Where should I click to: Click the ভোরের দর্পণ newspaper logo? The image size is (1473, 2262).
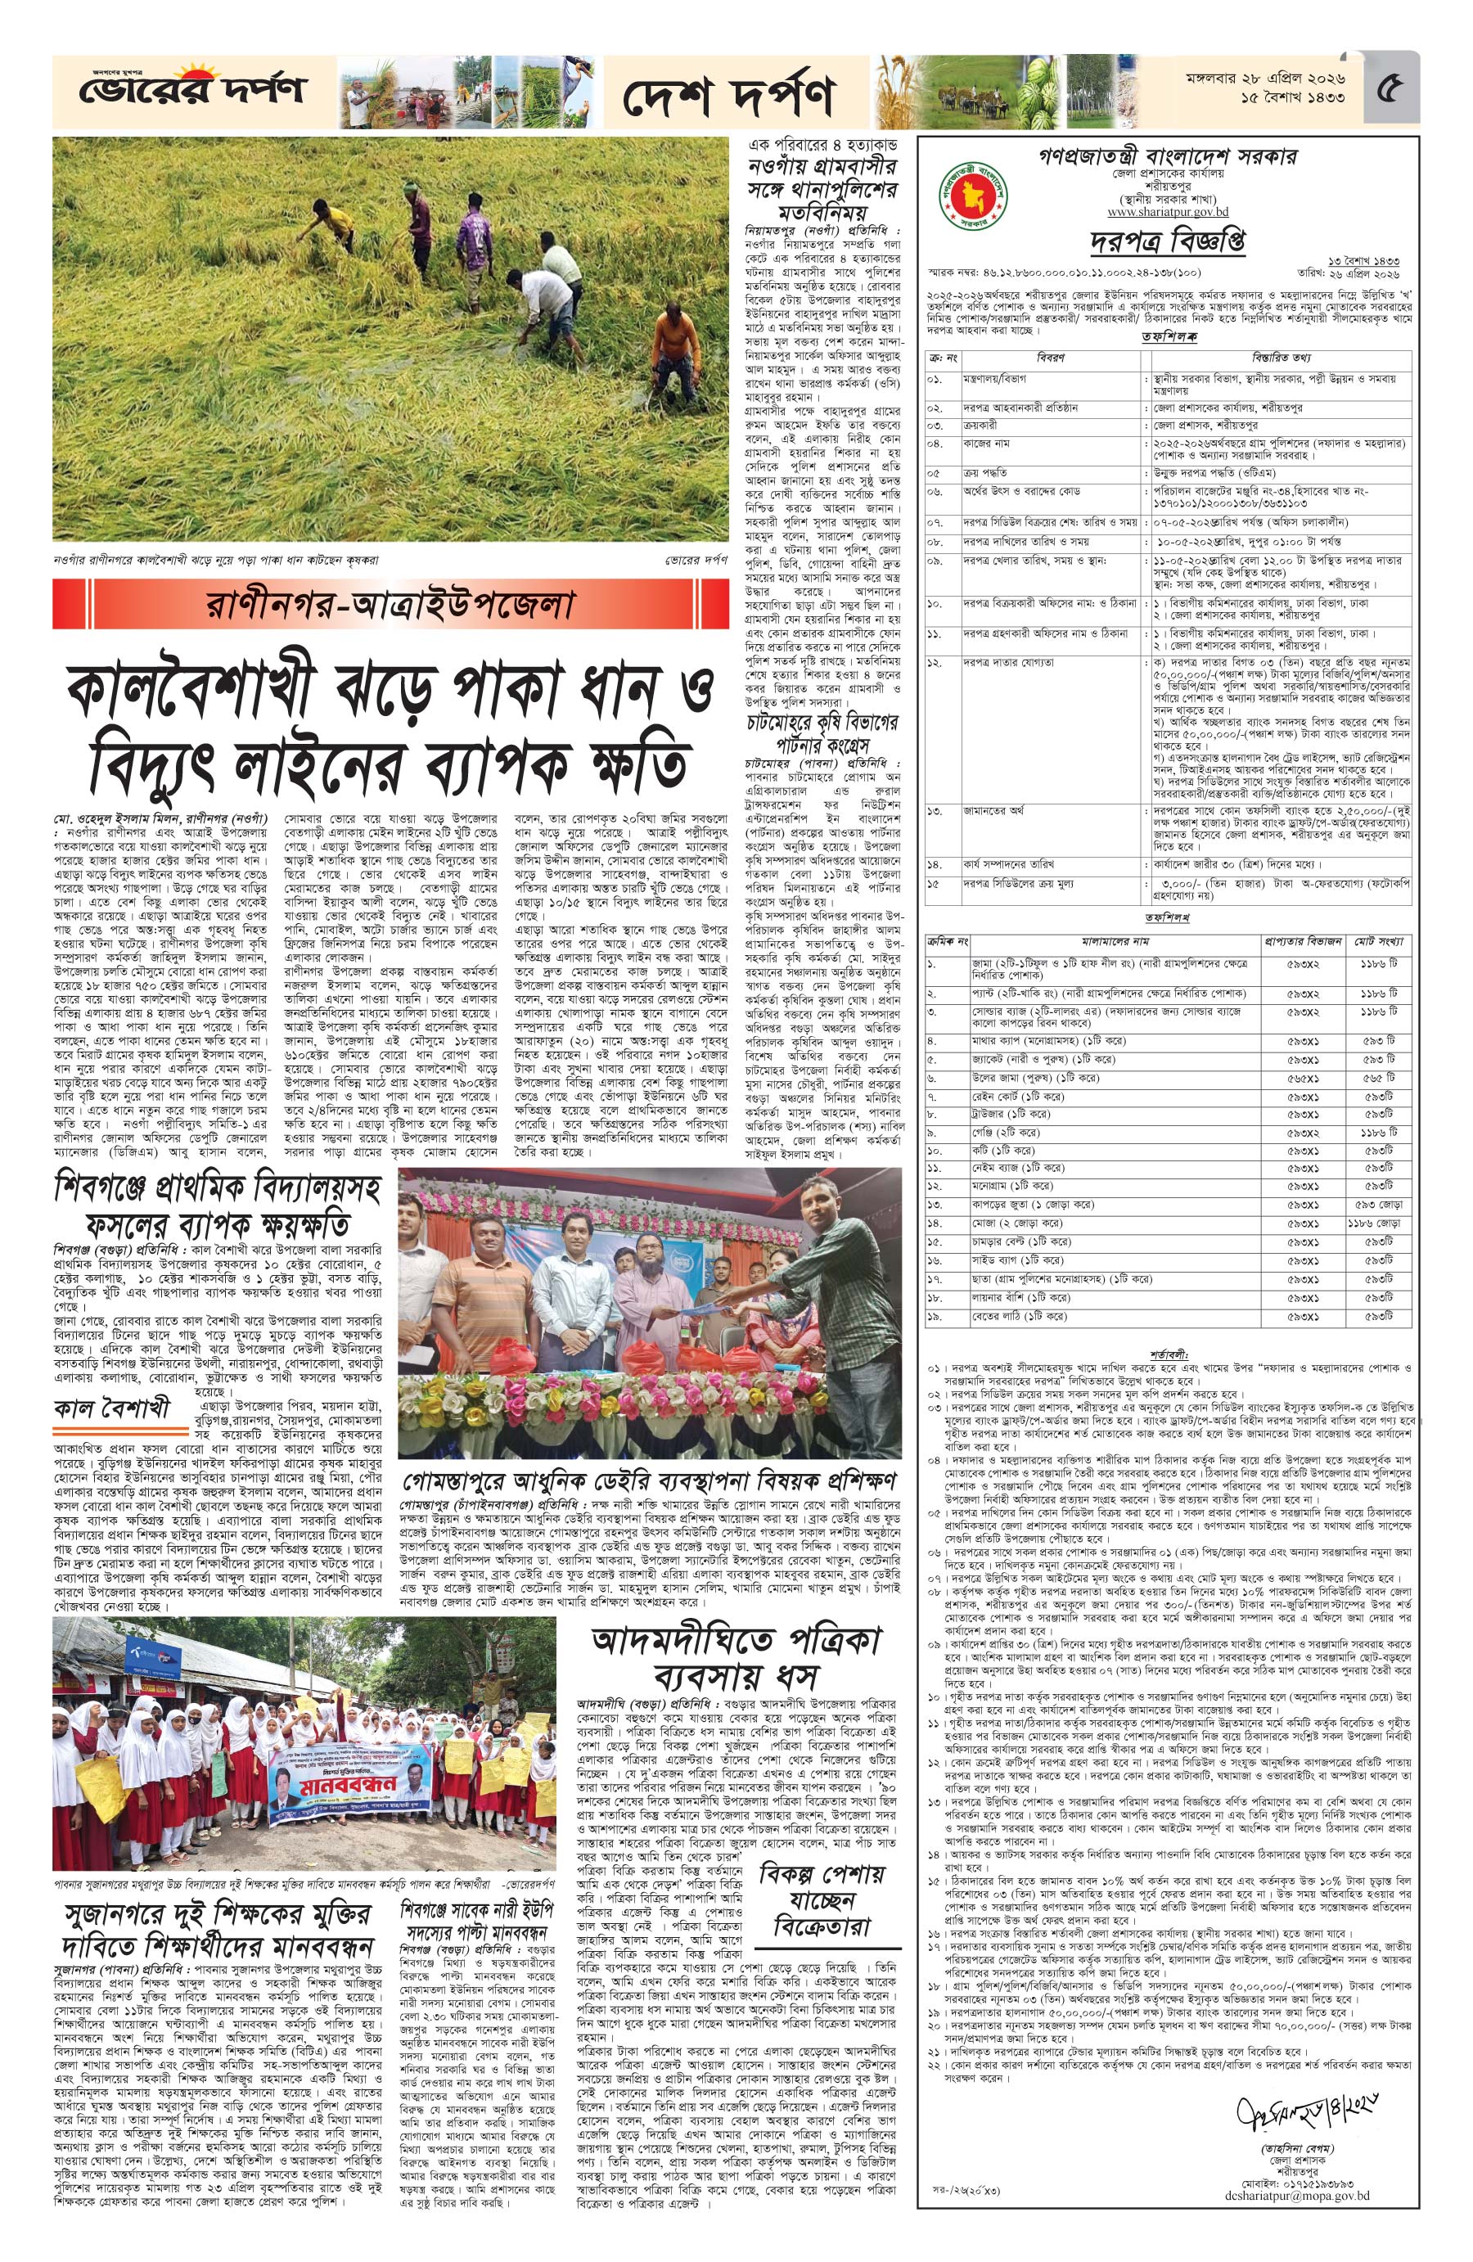click(x=181, y=92)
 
